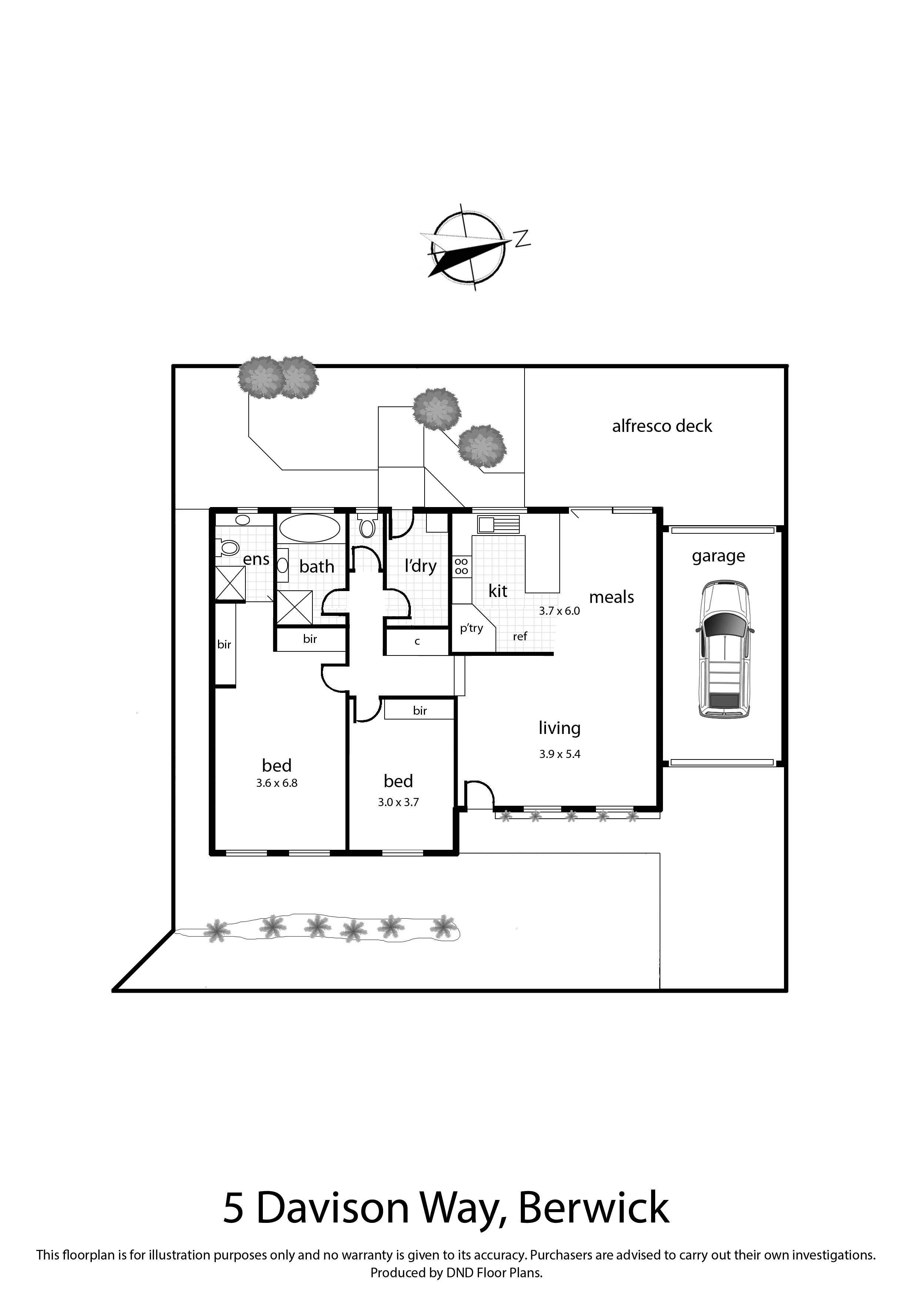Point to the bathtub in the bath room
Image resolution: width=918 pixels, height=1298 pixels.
point(310,529)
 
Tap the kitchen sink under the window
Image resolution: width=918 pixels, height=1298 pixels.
point(497,524)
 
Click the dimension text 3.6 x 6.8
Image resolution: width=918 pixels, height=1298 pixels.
point(277,783)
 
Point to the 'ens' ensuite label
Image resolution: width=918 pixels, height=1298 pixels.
point(256,559)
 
